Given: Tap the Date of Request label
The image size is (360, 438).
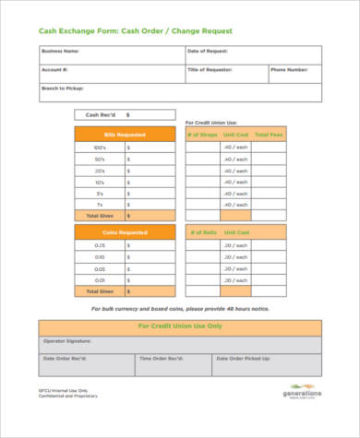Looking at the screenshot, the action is [208, 52].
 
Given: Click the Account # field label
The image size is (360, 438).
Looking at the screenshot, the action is [54, 70].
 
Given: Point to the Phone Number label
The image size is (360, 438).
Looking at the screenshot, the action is [289, 70].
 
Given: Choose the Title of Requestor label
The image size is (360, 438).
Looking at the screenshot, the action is [210, 70].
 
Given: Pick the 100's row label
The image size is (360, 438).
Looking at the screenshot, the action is [100, 148].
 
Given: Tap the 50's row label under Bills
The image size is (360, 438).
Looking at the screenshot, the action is [100, 160].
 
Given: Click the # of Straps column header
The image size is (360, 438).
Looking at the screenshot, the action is [203, 135].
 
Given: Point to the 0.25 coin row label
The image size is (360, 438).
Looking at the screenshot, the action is [100, 246].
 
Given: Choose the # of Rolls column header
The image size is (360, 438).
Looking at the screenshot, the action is [202, 233].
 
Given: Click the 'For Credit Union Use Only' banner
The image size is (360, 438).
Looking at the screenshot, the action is [181, 326].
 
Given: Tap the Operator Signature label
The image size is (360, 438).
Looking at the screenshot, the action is [66, 341].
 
